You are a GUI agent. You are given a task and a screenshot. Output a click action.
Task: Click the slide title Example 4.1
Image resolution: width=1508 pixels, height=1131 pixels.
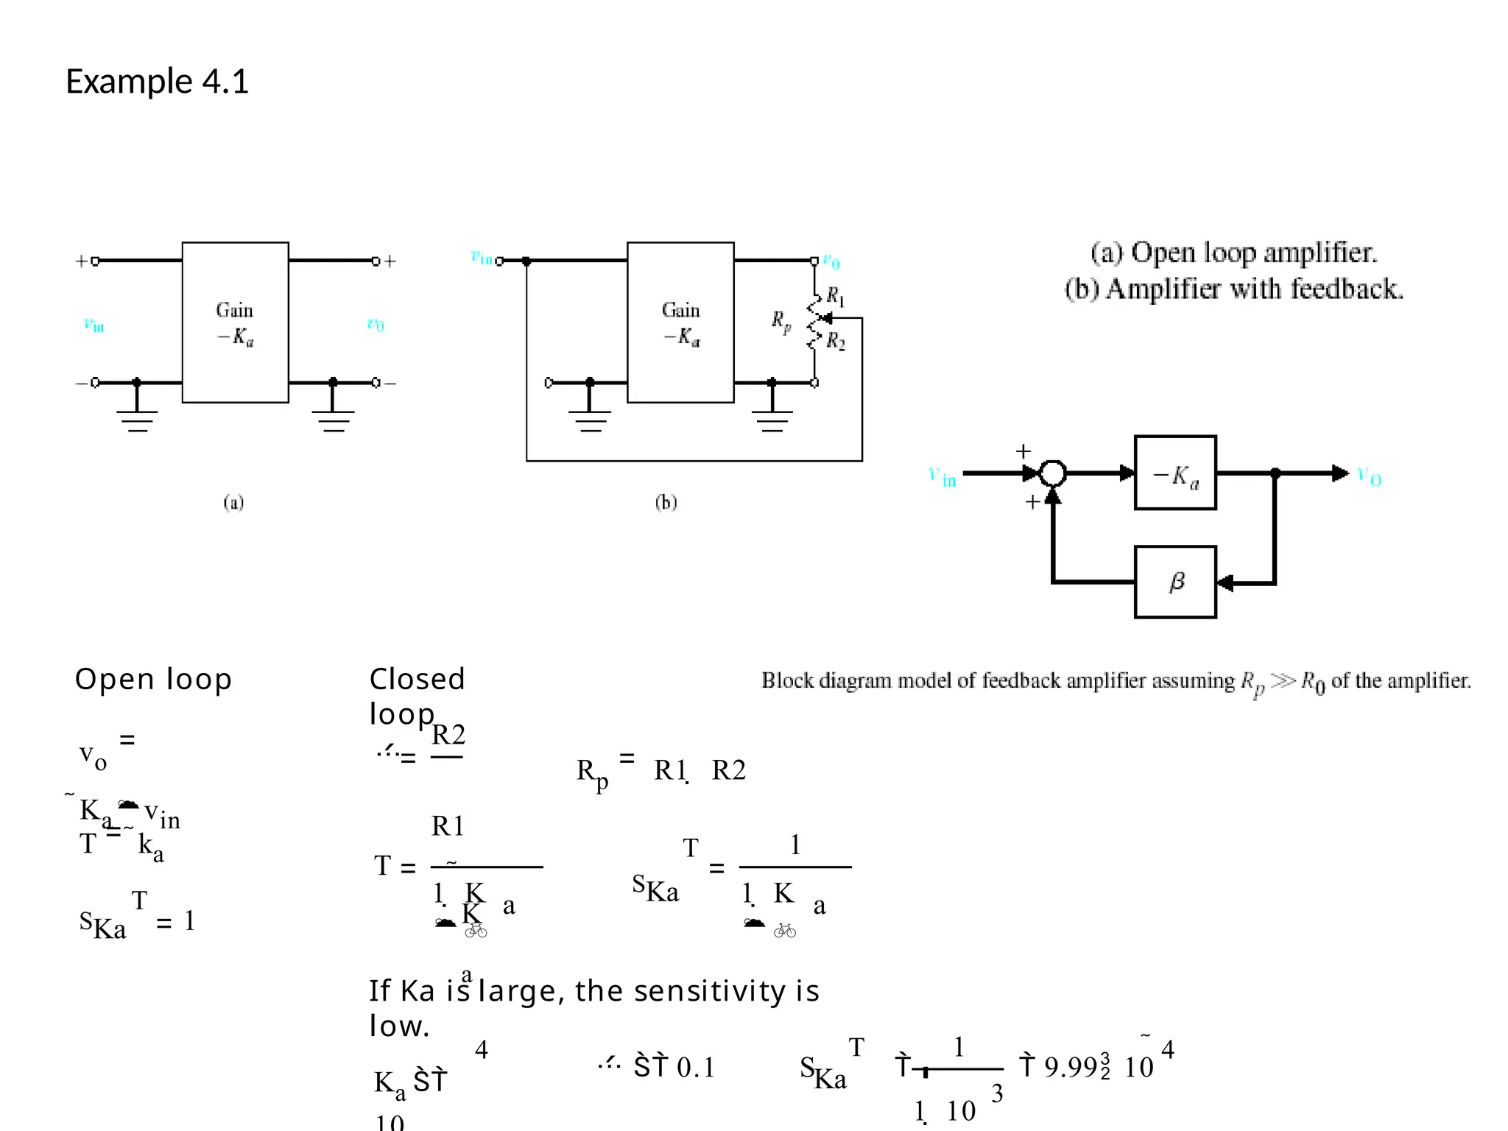click(157, 81)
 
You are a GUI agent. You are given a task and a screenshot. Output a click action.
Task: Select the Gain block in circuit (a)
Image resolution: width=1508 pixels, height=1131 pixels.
click(235, 322)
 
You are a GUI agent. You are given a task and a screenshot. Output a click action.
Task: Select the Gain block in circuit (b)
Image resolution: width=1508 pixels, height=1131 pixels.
click(680, 322)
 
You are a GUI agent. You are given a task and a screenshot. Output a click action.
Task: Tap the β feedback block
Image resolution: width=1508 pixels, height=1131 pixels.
click(1175, 582)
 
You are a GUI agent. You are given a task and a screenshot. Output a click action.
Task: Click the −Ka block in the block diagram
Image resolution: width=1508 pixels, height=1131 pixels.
click(1175, 473)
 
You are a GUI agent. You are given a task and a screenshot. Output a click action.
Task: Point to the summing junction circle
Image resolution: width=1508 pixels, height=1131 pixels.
click(1053, 473)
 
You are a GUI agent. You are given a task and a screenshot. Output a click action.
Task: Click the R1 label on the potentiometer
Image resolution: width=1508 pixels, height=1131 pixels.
click(835, 296)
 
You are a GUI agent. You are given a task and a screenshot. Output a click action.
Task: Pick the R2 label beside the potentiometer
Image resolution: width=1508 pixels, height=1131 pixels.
click(836, 341)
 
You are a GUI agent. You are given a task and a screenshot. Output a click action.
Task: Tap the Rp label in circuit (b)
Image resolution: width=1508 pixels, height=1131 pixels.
click(781, 321)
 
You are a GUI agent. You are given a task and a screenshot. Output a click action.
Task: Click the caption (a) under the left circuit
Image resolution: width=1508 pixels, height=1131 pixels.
click(233, 503)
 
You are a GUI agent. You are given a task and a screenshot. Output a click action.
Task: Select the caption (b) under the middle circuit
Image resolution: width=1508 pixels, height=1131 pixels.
click(666, 503)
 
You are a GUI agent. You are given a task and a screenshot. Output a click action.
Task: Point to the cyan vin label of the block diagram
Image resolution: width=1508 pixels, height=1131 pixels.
click(942, 476)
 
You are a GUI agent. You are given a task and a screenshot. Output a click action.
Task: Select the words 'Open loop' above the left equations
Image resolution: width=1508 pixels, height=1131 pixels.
click(153, 679)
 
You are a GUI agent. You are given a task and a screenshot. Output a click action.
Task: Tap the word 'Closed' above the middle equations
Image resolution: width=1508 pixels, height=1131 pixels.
click(417, 679)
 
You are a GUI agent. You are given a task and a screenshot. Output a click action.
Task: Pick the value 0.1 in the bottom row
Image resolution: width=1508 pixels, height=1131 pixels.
click(696, 1067)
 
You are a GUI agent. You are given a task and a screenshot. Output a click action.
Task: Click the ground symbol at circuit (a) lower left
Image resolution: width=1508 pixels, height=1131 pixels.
click(137, 420)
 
